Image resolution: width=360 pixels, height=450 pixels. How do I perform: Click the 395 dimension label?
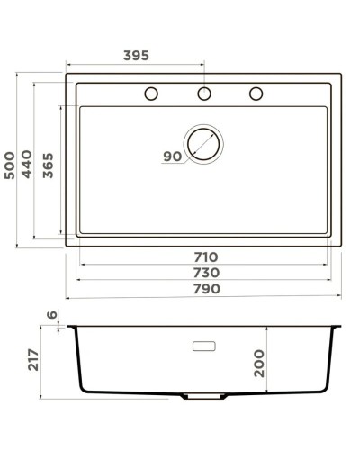(x=136, y=56)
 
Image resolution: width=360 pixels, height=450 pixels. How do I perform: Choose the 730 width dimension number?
(x=205, y=273)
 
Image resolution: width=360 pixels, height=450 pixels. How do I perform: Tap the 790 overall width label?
(x=205, y=289)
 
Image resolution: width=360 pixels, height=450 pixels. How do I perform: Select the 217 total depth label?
(x=35, y=360)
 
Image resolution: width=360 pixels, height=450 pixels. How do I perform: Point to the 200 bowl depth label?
(x=260, y=362)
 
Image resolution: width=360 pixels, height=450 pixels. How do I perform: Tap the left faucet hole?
(x=152, y=94)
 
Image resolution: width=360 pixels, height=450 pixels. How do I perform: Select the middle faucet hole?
(x=204, y=94)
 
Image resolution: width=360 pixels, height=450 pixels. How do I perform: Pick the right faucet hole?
(x=256, y=94)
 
